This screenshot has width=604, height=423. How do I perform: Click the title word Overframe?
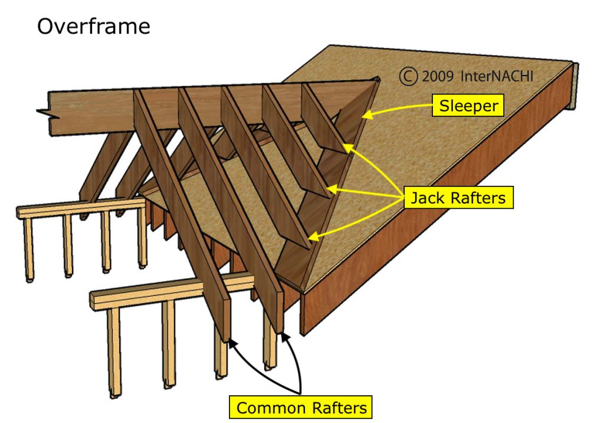93,26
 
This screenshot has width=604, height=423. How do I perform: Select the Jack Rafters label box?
458,197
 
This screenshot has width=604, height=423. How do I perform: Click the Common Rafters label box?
301,407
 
